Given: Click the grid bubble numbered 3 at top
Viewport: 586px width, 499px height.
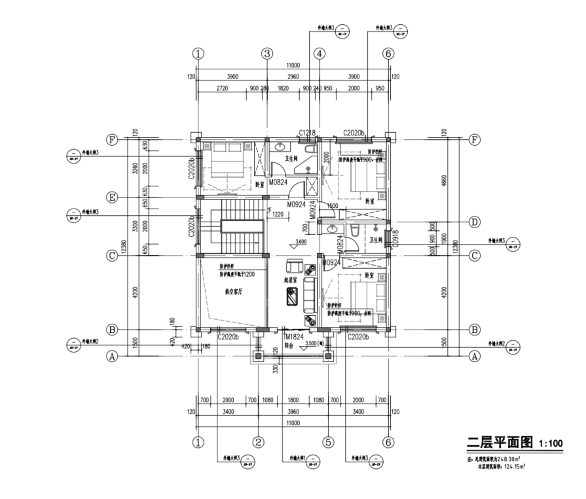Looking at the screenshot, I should click(266, 54).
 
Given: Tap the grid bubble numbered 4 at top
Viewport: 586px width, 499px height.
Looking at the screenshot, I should click(319, 54).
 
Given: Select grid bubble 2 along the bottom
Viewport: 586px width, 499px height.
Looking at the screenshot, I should click(259, 443).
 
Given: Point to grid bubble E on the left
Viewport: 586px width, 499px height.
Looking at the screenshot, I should click(113, 198).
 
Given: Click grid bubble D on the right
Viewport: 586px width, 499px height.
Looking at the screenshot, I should click(475, 222).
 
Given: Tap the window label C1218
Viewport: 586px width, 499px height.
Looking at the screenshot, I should click(308, 133).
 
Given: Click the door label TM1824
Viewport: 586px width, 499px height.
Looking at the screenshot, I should click(293, 337).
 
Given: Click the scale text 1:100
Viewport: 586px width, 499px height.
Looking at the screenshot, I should click(551, 444).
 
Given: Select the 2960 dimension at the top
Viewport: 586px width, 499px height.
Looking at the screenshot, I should click(292, 77).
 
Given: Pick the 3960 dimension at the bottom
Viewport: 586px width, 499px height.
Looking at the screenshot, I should click(292, 411).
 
